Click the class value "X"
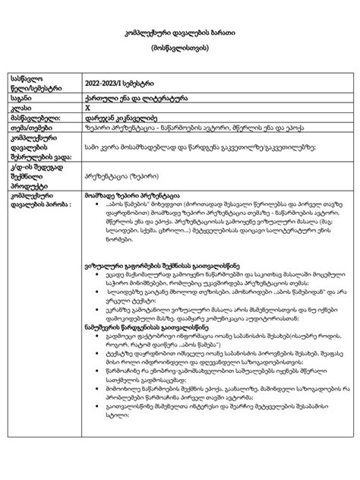pos(88,107)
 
